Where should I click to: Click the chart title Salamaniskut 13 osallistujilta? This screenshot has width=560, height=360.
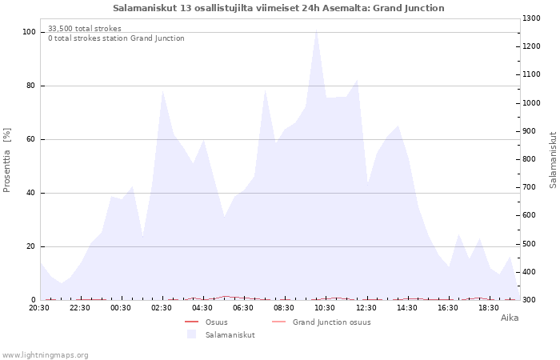tap(278, 8)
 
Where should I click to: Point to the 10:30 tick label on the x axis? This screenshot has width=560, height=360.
tap(325, 307)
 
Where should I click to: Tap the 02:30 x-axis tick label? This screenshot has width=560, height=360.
tap(162, 307)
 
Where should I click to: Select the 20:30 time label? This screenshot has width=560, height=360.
tap(39, 307)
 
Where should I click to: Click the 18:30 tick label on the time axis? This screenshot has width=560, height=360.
tap(488, 307)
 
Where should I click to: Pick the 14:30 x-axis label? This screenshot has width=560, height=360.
tap(406, 307)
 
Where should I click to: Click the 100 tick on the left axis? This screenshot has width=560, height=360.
tap(29, 32)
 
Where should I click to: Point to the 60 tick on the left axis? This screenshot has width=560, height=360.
tap(31, 139)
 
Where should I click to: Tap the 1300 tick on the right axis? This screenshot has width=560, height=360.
tap(534, 18)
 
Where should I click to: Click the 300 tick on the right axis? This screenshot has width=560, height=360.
tap(531, 300)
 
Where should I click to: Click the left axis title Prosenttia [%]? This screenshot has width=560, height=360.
tap(7, 160)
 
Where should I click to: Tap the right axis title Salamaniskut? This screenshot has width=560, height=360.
tap(553, 160)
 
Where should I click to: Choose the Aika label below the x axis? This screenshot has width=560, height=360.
tap(510, 318)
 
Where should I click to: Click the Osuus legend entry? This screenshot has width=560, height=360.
tap(216, 322)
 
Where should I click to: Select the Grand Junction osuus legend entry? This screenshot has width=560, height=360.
tap(331, 322)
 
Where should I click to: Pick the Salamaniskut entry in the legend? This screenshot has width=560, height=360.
tap(230, 335)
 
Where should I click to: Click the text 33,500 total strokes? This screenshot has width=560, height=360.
tap(85, 29)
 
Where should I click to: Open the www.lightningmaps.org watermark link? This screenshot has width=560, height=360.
tap(46, 355)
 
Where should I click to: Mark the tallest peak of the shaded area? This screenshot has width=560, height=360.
tap(317, 30)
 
